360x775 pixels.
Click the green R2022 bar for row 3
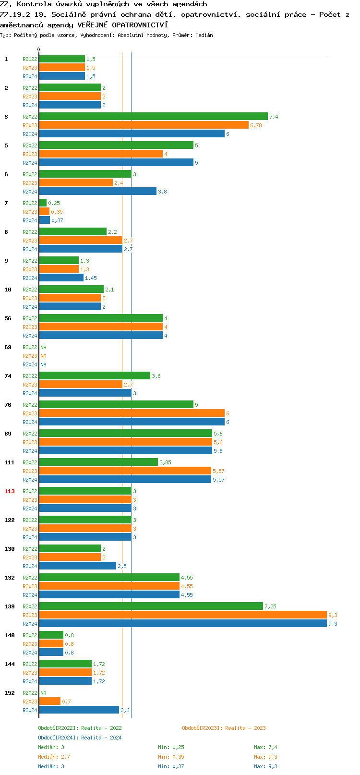[153, 116]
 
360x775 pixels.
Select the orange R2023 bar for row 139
[182, 615]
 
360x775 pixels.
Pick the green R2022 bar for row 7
[43, 203]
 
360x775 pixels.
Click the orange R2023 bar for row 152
[49, 701]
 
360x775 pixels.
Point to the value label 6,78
[256, 125]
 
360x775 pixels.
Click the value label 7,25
[270, 606]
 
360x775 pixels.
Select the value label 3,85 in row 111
[165, 462]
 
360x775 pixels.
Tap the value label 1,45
[91, 278]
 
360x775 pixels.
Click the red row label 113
[10, 491]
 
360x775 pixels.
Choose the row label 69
[8, 347]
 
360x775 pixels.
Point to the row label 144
[10, 664]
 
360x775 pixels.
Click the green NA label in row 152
[43, 693]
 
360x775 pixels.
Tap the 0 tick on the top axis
[39, 49]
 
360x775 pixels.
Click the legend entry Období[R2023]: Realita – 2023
[224, 728]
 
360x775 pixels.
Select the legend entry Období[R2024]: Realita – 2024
[80, 738]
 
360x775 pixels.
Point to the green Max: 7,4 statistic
[265, 747]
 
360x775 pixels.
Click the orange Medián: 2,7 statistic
[54, 757]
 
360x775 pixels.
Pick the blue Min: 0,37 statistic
[171, 766]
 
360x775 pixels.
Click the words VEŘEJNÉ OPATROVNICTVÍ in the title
[122, 25]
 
